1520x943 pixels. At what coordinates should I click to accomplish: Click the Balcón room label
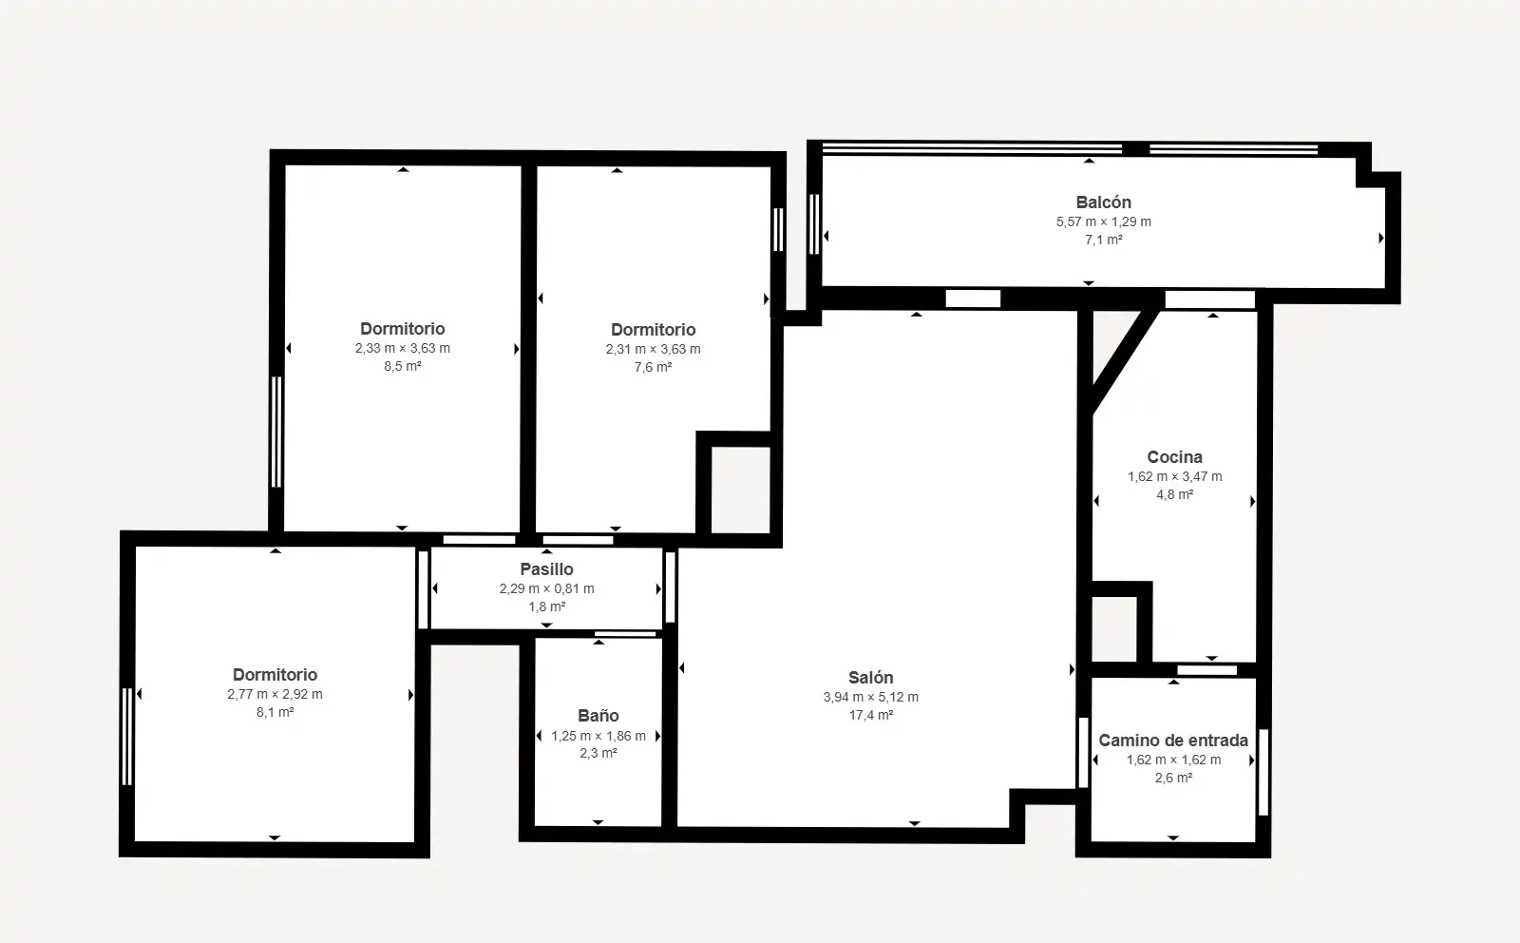1103,202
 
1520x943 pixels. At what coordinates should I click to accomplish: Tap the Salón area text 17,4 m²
870,715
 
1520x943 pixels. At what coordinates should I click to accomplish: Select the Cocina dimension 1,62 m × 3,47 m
1174,476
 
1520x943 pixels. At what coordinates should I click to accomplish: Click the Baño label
598,716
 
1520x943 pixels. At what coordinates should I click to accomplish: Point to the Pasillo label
546,568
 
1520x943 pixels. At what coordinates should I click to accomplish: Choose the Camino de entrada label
1173,740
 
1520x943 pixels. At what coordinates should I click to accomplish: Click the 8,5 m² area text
403,367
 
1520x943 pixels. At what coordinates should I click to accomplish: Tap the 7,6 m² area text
653,367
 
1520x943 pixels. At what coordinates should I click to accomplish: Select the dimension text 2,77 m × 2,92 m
275,695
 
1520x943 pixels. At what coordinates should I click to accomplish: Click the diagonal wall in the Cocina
1123,360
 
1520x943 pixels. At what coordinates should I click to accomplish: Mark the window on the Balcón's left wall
814,224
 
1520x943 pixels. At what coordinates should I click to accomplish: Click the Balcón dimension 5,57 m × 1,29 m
1103,222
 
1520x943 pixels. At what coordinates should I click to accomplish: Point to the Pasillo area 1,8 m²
546,606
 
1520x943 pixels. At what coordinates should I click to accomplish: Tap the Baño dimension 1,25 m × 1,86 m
598,736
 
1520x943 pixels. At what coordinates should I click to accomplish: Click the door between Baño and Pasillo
625,634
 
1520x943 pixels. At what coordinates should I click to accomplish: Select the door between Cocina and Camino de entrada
1206,670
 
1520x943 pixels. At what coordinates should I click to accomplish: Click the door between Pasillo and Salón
671,587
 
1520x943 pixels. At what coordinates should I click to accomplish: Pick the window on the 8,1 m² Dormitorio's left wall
127,737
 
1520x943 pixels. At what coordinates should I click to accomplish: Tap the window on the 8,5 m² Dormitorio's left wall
276,432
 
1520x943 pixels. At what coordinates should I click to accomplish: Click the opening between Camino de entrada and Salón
1084,752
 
